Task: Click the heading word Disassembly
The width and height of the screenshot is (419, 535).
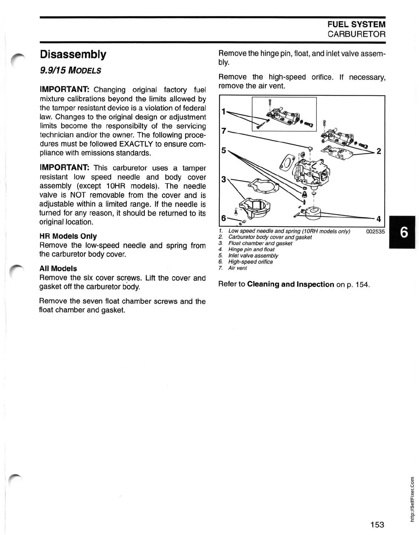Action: pyautogui.click(x=73, y=55)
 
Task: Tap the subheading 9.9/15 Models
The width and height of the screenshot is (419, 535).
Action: pyautogui.click(x=71, y=71)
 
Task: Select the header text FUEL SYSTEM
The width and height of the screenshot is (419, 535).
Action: pyautogui.click(x=356, y=24)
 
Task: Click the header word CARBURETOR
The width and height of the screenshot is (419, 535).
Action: pyautogui.click(x=356, y=34)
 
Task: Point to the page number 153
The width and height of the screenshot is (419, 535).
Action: pyautogui.click(x=377, y=524)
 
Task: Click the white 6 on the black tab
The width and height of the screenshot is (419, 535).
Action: pyautogui.click(x=404, y=232)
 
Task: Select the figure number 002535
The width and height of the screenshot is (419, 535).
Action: pyautogui.click(x=375, y=231)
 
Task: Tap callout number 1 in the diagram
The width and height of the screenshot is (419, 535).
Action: pyautogui.click(x=224, y=112)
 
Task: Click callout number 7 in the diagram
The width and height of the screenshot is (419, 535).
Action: pyautogui.click(x=224, y=131)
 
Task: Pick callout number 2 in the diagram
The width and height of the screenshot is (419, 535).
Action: pyautogui.click(x=379, y=151)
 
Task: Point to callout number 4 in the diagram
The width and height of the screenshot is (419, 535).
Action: pyautogui.click(x=379, y=219)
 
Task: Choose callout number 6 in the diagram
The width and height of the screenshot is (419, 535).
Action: pyautogui.click(x=224, y=218)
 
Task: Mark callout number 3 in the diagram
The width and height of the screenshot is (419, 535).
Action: pyautogui.click(x=224, y=179)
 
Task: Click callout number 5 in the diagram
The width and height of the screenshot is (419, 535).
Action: pyautogui.click(x=224, y=150)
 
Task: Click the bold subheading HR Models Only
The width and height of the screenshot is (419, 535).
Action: pyautogui.click(x=68, y=236)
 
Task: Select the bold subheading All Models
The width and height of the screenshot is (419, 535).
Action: pyautogui.click(x=58, y=269)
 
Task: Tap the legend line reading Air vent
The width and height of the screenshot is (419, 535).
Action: pyautogui.click(x=238, y=268)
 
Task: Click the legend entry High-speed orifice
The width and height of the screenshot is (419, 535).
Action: pyautogui.click(x=251, y=262)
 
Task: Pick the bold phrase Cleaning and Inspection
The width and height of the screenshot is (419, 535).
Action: pyautogui.click(x=291, y=284)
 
